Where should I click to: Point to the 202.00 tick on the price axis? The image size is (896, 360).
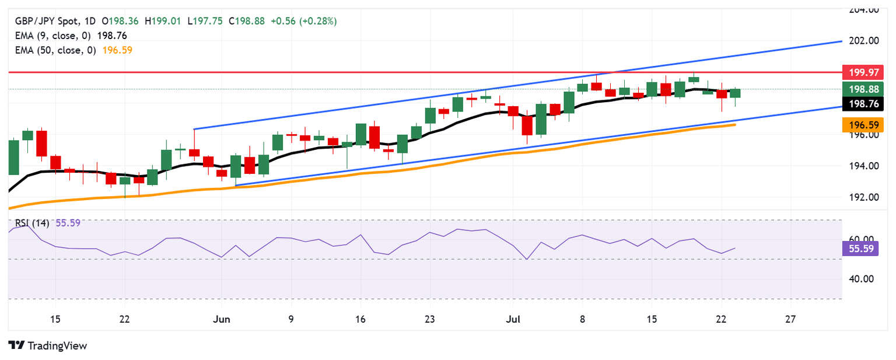pyautogui.click(x=862, y=41)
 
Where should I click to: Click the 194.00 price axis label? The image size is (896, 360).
pyautogui.click(x=862, y=166)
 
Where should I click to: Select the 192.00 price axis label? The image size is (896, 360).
pyautogui.click(x=862, y=197)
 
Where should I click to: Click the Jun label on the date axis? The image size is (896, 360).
pyautogui.click(x=222, y=319)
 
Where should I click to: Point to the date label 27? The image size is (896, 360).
pyautogui.click(x=790, y=319)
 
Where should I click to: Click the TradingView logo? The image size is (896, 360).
pyautogui.click(x=48, y=345)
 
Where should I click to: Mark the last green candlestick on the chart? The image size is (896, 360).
pyautogui.click(x=735, y=93)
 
